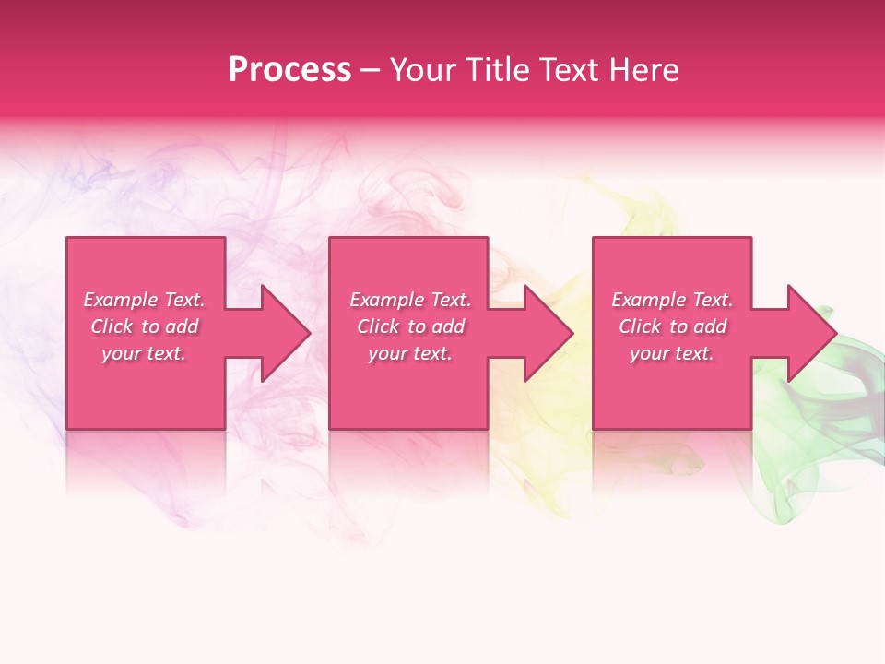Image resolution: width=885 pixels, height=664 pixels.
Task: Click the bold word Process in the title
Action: pyautogui.click(x=289, y=70)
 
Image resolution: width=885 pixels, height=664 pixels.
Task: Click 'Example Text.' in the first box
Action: pyautogui.click(x=144, y=300)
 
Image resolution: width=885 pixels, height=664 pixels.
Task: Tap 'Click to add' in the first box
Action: pyautogui.click(x=144, y=326)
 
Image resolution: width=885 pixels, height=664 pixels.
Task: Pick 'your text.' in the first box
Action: pyautogui.click(x=144, y=353)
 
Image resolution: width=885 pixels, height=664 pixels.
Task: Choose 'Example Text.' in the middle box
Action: pyautogui.click(x=410, y=300)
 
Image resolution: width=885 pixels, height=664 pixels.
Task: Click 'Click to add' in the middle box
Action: pyautogui.click(x=410, y=326)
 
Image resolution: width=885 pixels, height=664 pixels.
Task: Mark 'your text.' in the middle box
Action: pyautogui.click(x=410, y=353)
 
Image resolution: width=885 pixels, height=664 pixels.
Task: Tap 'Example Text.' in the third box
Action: pyautogui.click(x=672, y=300)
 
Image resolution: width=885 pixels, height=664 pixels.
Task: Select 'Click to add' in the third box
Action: pyautogui.click(x=672, y=326)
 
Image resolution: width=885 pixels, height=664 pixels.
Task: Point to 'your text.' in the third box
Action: pyautogui.click(x=672, y=353)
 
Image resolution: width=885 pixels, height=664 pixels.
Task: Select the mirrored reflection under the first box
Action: pyautogui.click(x=146, y=461)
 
